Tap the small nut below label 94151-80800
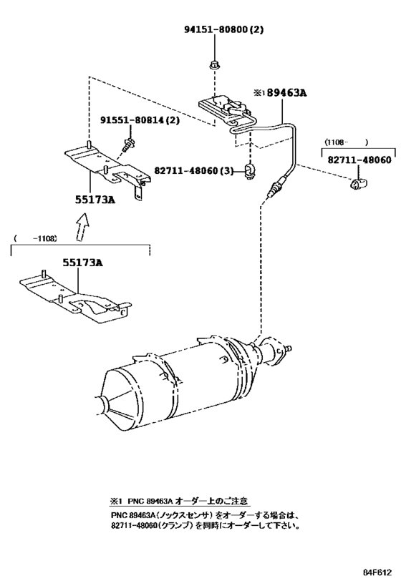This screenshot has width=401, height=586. pyautogui.click(x=214, y=66)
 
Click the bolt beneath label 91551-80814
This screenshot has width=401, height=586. pyautogui.click(x=130, y=144)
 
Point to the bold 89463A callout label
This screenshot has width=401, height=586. pyautogui.click(x=286, y=93)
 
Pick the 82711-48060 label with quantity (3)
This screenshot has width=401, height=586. pyautogui.click(x=194, y=170)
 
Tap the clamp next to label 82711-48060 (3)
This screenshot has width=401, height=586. pyautogui.click(x=249, y=170)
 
